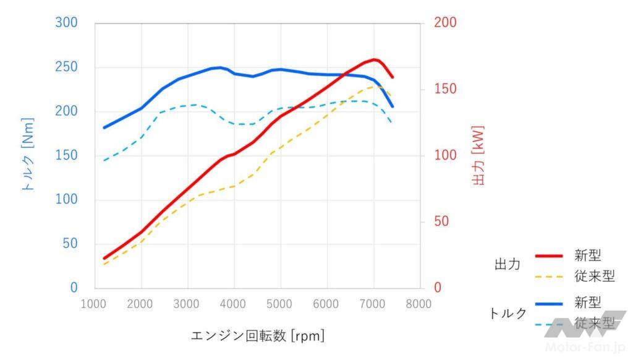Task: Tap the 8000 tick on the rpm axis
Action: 419,304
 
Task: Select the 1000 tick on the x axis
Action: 95,304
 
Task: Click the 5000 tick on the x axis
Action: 281,304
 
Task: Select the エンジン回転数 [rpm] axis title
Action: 258,336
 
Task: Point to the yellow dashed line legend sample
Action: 549,276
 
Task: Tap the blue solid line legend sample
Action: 549,302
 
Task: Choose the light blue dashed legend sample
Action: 549,322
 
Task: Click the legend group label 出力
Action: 508,265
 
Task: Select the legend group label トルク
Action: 508,313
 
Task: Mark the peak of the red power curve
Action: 374,59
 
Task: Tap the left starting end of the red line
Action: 104,259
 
